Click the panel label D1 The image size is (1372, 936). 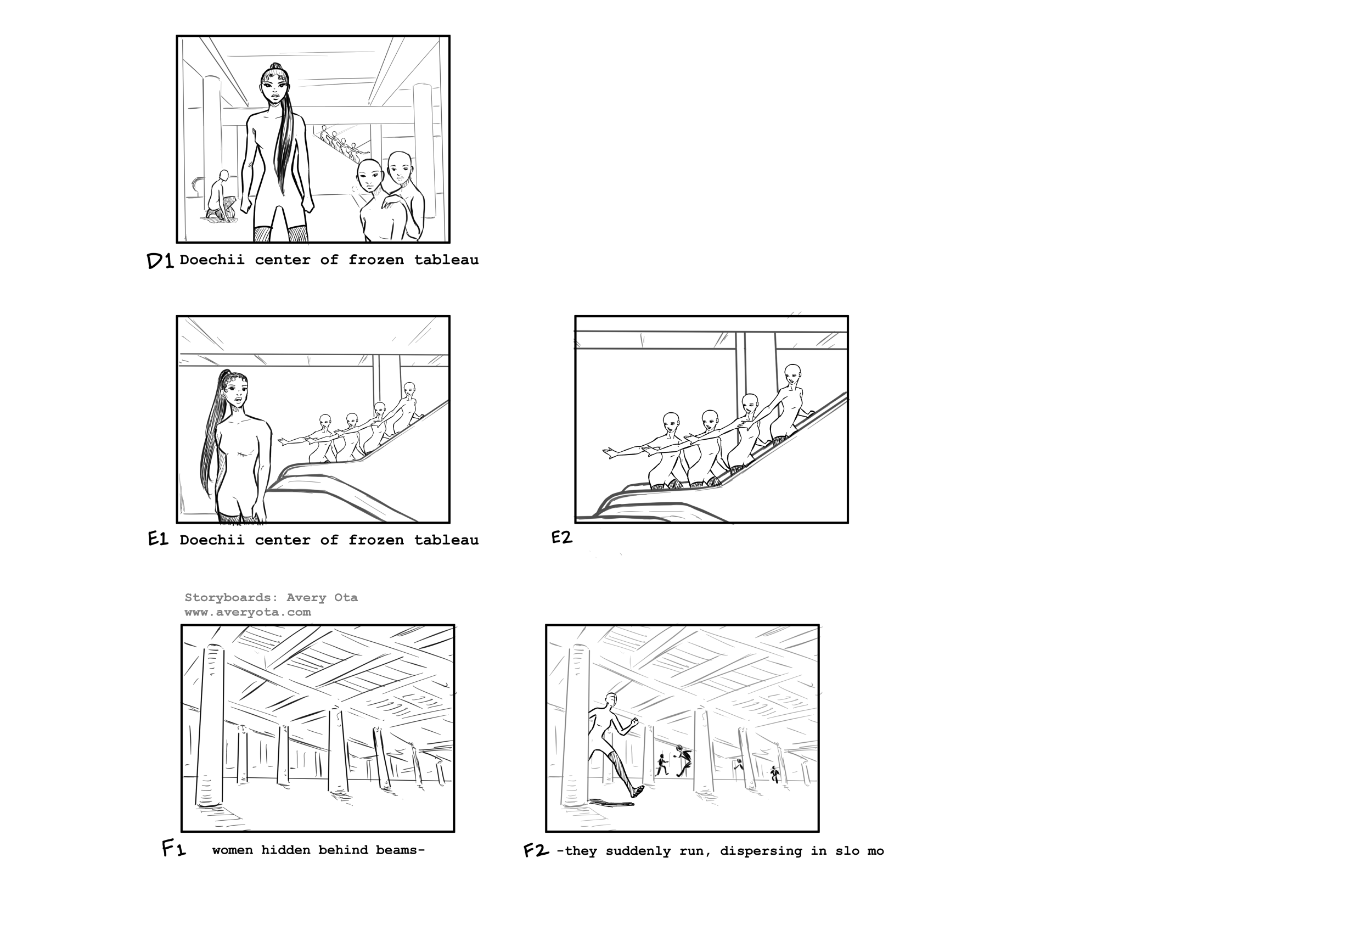[x=160, y=260]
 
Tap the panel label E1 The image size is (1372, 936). [x=158, y=539]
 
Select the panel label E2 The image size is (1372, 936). [x=561, y=537]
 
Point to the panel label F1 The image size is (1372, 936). [x=173, y=849]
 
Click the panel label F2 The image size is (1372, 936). [x=536, y=850]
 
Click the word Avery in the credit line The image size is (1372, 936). [x=306, y=598]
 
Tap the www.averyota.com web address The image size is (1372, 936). [x=248, y=613]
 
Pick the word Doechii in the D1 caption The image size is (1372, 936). [x=212, y=260]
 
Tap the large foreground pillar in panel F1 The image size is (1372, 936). [x=209, y=727]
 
